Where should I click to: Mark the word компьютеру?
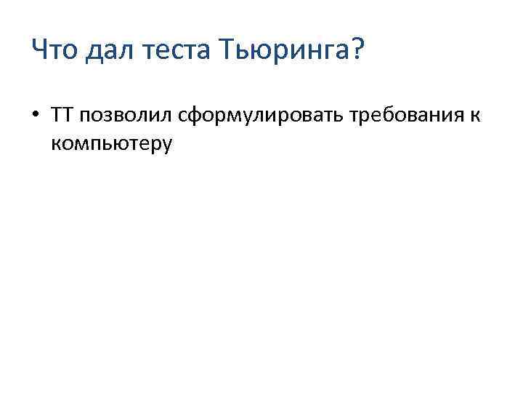pos(112,143)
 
